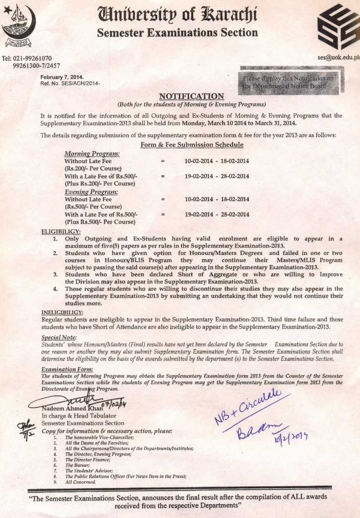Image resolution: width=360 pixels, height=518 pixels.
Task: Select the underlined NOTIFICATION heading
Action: (x=191, y=96)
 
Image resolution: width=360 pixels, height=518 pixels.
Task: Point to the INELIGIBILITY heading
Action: (x=62, y=312)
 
